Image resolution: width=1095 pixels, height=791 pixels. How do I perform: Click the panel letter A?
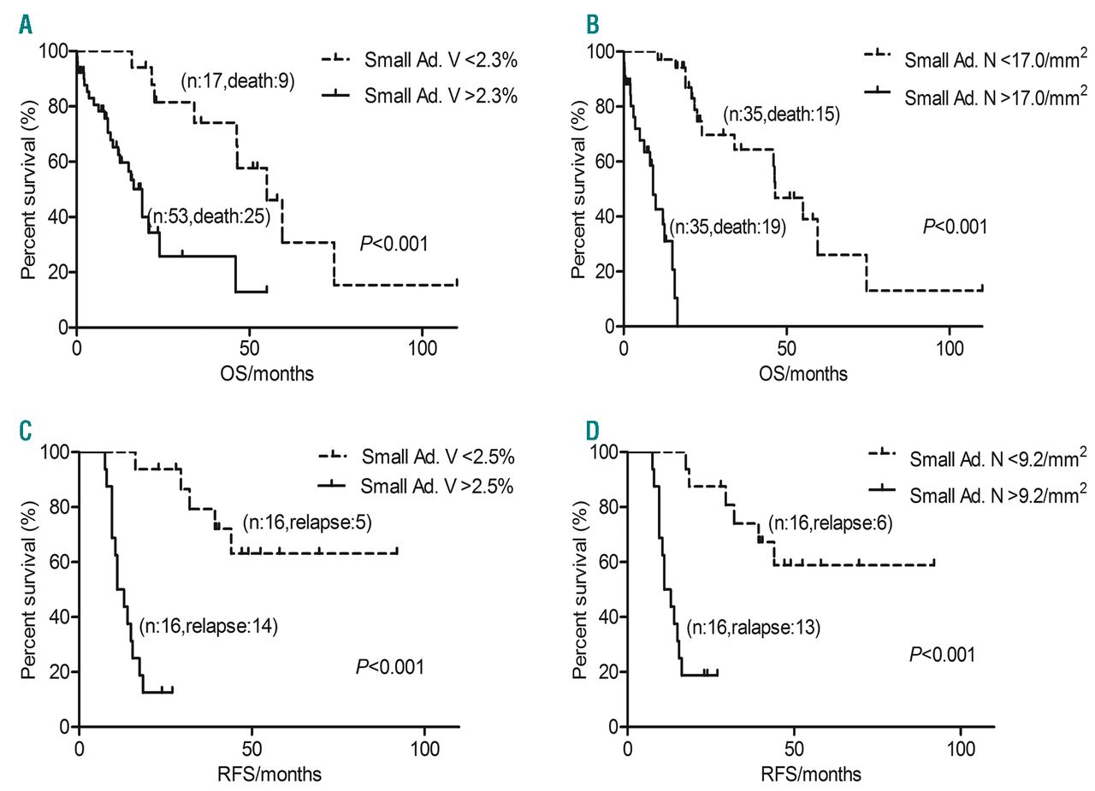click(26, 24)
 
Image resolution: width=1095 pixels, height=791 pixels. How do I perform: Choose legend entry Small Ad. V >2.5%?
click(436, 486)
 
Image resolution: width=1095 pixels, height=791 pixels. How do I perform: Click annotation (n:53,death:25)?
click(209, 216)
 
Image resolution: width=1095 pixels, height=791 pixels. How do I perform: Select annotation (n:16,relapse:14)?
click(208, 626)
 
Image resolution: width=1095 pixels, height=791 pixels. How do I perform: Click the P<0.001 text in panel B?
click(955, 227)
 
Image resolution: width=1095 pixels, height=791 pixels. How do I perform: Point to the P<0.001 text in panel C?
click(390, 666)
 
